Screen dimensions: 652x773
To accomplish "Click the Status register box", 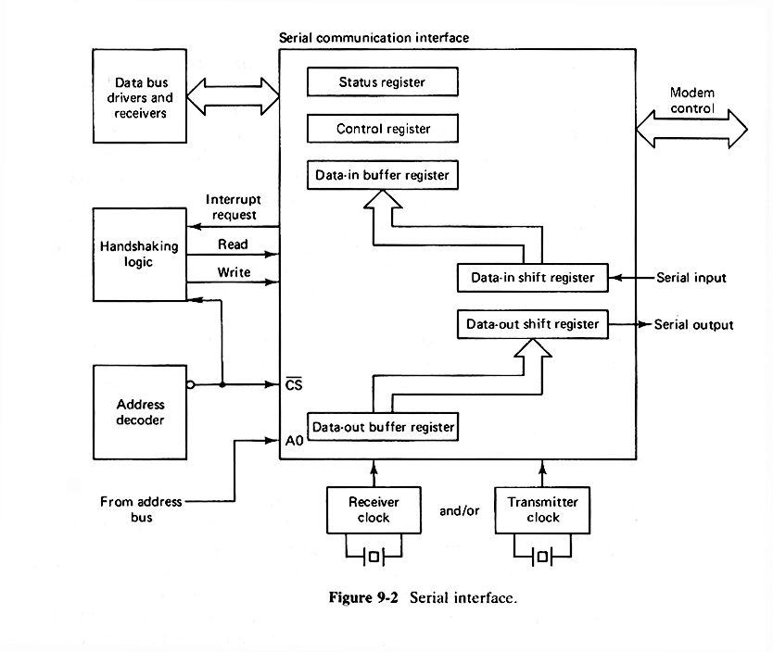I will click(x=383, y=82).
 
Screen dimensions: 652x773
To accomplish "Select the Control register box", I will click(x=383, y=129).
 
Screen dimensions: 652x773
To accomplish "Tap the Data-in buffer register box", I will click(x=383, y=174).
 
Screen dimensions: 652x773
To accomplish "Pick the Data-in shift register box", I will click(x=532, y=278).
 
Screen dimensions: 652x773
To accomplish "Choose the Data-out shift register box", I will click(x=532, y=324).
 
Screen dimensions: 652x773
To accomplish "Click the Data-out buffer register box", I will click(x=383, y=427).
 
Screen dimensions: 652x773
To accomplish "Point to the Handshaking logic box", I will click(x=139, y=255).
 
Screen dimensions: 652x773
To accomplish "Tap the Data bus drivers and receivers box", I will click(x=140, y=97).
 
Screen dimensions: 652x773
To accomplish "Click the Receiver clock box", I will click(x=374, y=509).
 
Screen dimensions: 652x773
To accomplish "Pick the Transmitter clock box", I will click(x=542, y=509).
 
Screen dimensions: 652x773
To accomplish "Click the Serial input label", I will click(x=691, y=278).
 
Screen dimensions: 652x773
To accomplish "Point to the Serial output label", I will click(x=693, y=325).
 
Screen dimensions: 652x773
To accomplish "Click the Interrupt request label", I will click(x=231, y=207).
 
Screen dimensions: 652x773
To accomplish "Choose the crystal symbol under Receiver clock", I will click(x=374, y=556).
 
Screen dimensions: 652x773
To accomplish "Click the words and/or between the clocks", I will click(x=459, y=510).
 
